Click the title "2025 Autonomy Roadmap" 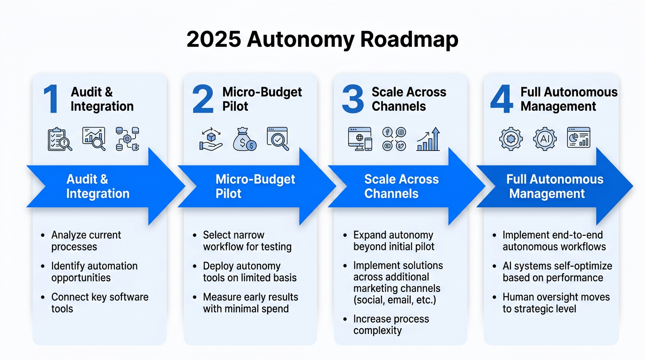(x=322, y=40)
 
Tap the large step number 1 (x=51, y=99)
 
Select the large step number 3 (x=352, y=99)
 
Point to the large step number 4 (x=501, y=99)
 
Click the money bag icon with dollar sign (x=245, y=139)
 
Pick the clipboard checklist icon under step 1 (x=60, y=139)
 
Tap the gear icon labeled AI (x=545, y=139)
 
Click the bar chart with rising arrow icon (x=428, y=139)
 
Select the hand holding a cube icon (x=210, y=139)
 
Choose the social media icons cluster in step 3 (x=394, y=139)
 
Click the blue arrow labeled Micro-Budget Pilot (x=255, y=187)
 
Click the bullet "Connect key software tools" (x=99, y=303)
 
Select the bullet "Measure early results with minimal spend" (x=250, y=303)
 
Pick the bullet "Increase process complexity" (x=391, y=325)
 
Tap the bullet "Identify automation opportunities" (x=94, y=272)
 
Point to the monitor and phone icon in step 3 (x=360, y=139)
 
